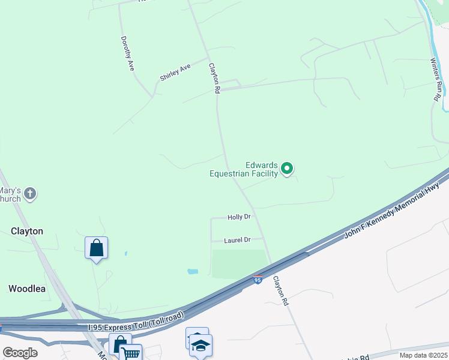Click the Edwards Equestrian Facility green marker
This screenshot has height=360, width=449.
(x=287, y=169)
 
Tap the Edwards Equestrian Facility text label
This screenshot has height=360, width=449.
(x=244, y=170)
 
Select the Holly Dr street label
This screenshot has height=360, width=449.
(x=238, y=217)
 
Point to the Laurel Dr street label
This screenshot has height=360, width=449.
(x=237, y=240)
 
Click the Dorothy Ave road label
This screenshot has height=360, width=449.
(x=127, y=54)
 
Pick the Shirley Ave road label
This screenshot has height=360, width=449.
(x=175, y=72)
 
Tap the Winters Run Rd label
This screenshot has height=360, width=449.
(x=436, y=79)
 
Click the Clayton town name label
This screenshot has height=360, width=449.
(x=27, y=231)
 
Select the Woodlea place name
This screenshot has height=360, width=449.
(x=27, y=289)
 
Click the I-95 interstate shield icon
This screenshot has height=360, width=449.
(x=258, y=280)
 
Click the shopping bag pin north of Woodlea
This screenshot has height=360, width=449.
(x=97, y=248)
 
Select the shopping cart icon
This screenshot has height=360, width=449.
(x=131, y=352)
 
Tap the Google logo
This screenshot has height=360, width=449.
(x=20, y=353)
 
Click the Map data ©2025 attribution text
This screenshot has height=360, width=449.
(x=423, y=355)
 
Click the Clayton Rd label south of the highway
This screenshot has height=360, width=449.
(x=281, y=291)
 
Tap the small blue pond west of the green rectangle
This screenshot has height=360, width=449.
(x=193, y=271)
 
